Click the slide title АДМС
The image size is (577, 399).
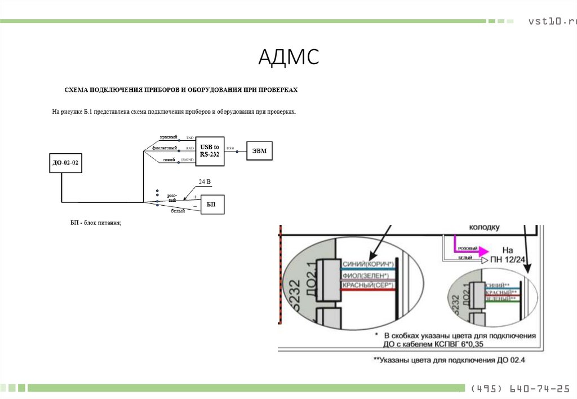[x=288, y=57]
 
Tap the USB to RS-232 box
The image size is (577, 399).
[x=210, y=150]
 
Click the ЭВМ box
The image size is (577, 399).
[x=259, y=150]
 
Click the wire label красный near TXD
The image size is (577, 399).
[x=168, y=138]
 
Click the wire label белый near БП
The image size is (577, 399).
[x=178, y=211]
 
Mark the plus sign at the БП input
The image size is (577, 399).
[x=195, y=197]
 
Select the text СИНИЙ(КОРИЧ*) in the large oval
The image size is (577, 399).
[x=367, y=264]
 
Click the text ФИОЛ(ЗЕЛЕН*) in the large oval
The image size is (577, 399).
[x=365, y=276]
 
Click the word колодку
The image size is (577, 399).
[x=484, y=228]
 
